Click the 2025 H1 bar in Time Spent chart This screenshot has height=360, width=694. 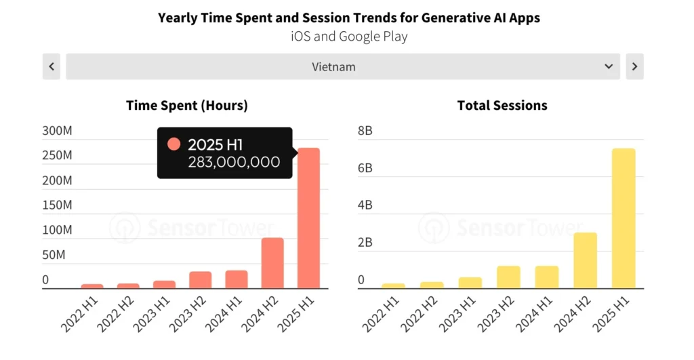309,218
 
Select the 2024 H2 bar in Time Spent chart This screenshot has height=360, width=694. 272,263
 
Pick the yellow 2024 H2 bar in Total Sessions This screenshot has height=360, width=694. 585,260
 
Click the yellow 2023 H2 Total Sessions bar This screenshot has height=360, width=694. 508,277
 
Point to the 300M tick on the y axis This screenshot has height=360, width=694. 57,131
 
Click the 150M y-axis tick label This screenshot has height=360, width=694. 57,205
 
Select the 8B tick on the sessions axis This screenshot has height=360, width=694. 365,131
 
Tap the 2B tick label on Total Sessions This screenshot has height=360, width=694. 365,243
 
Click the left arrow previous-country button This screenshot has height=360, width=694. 52,66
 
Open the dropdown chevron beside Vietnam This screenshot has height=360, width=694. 608,66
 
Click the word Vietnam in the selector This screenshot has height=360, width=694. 333,66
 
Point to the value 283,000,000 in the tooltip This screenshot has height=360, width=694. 234,161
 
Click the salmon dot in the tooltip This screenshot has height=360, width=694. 174,144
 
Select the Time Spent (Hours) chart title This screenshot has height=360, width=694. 187,105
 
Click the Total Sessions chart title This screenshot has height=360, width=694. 502,105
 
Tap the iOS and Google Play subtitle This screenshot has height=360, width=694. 349,36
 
